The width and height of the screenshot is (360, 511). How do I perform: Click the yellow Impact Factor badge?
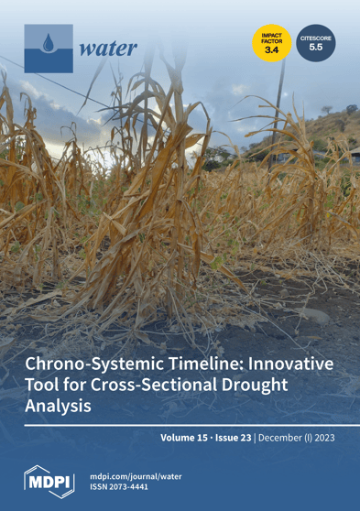pos(272,42)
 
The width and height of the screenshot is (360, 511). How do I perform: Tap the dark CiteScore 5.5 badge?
pos(315,42)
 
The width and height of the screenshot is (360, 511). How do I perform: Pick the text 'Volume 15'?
pos(187,438)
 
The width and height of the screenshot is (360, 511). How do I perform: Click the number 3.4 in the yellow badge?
pos(272,49)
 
